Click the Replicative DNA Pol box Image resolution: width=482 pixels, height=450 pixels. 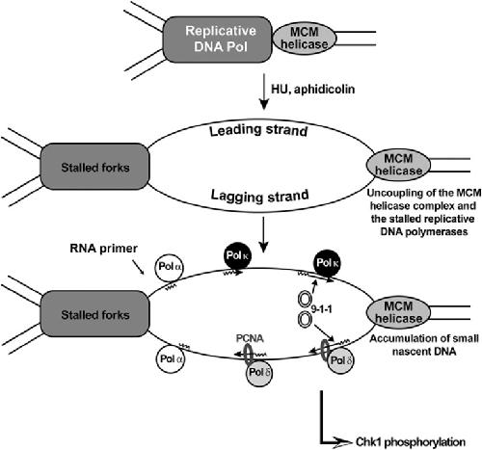(218, 40)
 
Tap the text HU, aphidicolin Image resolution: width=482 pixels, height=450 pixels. (313, 89)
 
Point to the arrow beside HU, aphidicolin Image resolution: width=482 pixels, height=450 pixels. (264, 92)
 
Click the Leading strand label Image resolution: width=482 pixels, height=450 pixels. (258, 130)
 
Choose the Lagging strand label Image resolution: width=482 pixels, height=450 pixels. (259, 196)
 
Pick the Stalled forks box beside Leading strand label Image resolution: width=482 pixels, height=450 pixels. (94, 167)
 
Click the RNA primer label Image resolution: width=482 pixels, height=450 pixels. (104, 249)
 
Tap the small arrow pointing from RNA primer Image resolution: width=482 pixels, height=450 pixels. (139, 267)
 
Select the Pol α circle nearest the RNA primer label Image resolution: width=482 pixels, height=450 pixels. (170, 267)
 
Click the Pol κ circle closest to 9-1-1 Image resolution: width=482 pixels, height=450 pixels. (327, 263)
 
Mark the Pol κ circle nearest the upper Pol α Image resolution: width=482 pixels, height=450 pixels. (237, 255)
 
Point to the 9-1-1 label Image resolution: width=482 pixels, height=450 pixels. (322, 309)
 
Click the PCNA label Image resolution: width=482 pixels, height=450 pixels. (250, 338)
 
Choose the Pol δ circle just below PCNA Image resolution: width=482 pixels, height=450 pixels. (259, 373)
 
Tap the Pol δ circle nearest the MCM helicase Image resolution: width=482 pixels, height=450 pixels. (341, 360)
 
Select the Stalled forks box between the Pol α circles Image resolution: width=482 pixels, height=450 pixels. (94, 314)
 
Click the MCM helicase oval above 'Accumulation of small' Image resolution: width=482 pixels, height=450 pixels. (398, 312)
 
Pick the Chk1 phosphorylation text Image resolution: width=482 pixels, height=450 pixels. (411, 442)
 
